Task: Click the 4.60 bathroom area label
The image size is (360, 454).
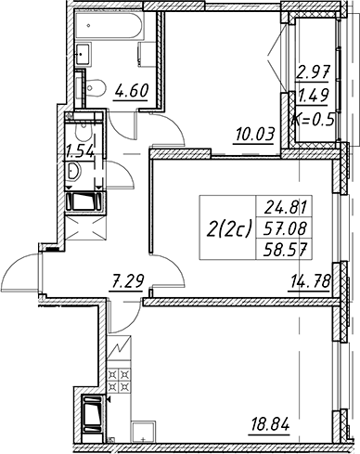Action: click(x=132, y=91)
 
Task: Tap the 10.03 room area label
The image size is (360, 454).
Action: click(x=255, y=136)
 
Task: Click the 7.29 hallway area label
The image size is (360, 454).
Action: click(x=127, y=281)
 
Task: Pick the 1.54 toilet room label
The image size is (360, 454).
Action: click(x=80, y=151)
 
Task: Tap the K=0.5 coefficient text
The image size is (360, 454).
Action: click(x=315, y=119)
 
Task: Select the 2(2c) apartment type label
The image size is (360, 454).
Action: click(x=230, y=228)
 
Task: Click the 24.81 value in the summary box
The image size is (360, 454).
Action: click(x=285, y=208)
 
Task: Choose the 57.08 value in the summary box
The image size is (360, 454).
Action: click(x=285, y=229)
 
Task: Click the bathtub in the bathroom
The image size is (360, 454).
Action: click(x=109, y=25)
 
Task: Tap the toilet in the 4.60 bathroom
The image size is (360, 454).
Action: click(x=94, y=88)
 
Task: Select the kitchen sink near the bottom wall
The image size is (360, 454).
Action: click(x=144, y=433)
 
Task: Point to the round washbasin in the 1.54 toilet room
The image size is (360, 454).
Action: click(x=73, y=171)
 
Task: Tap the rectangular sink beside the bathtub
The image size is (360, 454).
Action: click(x=84, y=54)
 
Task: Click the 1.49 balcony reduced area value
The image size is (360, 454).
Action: click(x=314, y=96)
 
